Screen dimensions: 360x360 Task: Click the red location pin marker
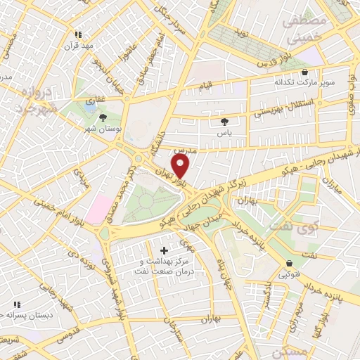click(x=181, y=166)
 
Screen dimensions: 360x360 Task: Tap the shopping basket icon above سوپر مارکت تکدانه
click(x=304, y=71)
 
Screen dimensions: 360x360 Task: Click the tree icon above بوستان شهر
click(x=103, y=117)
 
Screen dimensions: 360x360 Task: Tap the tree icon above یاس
click(x=224, y=120)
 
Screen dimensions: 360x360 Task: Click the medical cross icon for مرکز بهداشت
click(x=165, y=250)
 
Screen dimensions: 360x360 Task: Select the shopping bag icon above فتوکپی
click(x=289, y=264)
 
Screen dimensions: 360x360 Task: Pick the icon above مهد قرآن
click(x=79, y=34)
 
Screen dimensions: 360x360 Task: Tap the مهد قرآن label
click(x=79, y=46)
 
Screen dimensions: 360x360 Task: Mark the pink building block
click(x=99, y=209)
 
